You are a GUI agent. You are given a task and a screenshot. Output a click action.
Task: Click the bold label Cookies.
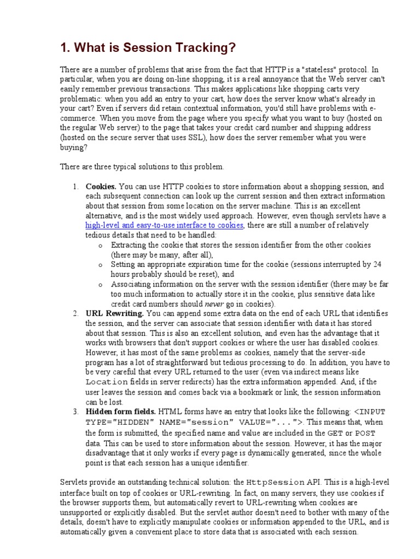tap(101, 186)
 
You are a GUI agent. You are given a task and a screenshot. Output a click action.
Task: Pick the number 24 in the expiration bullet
tap(377, 264)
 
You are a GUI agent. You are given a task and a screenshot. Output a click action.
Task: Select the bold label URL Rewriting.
tap(115, 313)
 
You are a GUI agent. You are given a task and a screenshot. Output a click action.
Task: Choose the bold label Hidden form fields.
tap(121, 412)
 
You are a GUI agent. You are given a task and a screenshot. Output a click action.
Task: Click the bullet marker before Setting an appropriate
tap(101, 265)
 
